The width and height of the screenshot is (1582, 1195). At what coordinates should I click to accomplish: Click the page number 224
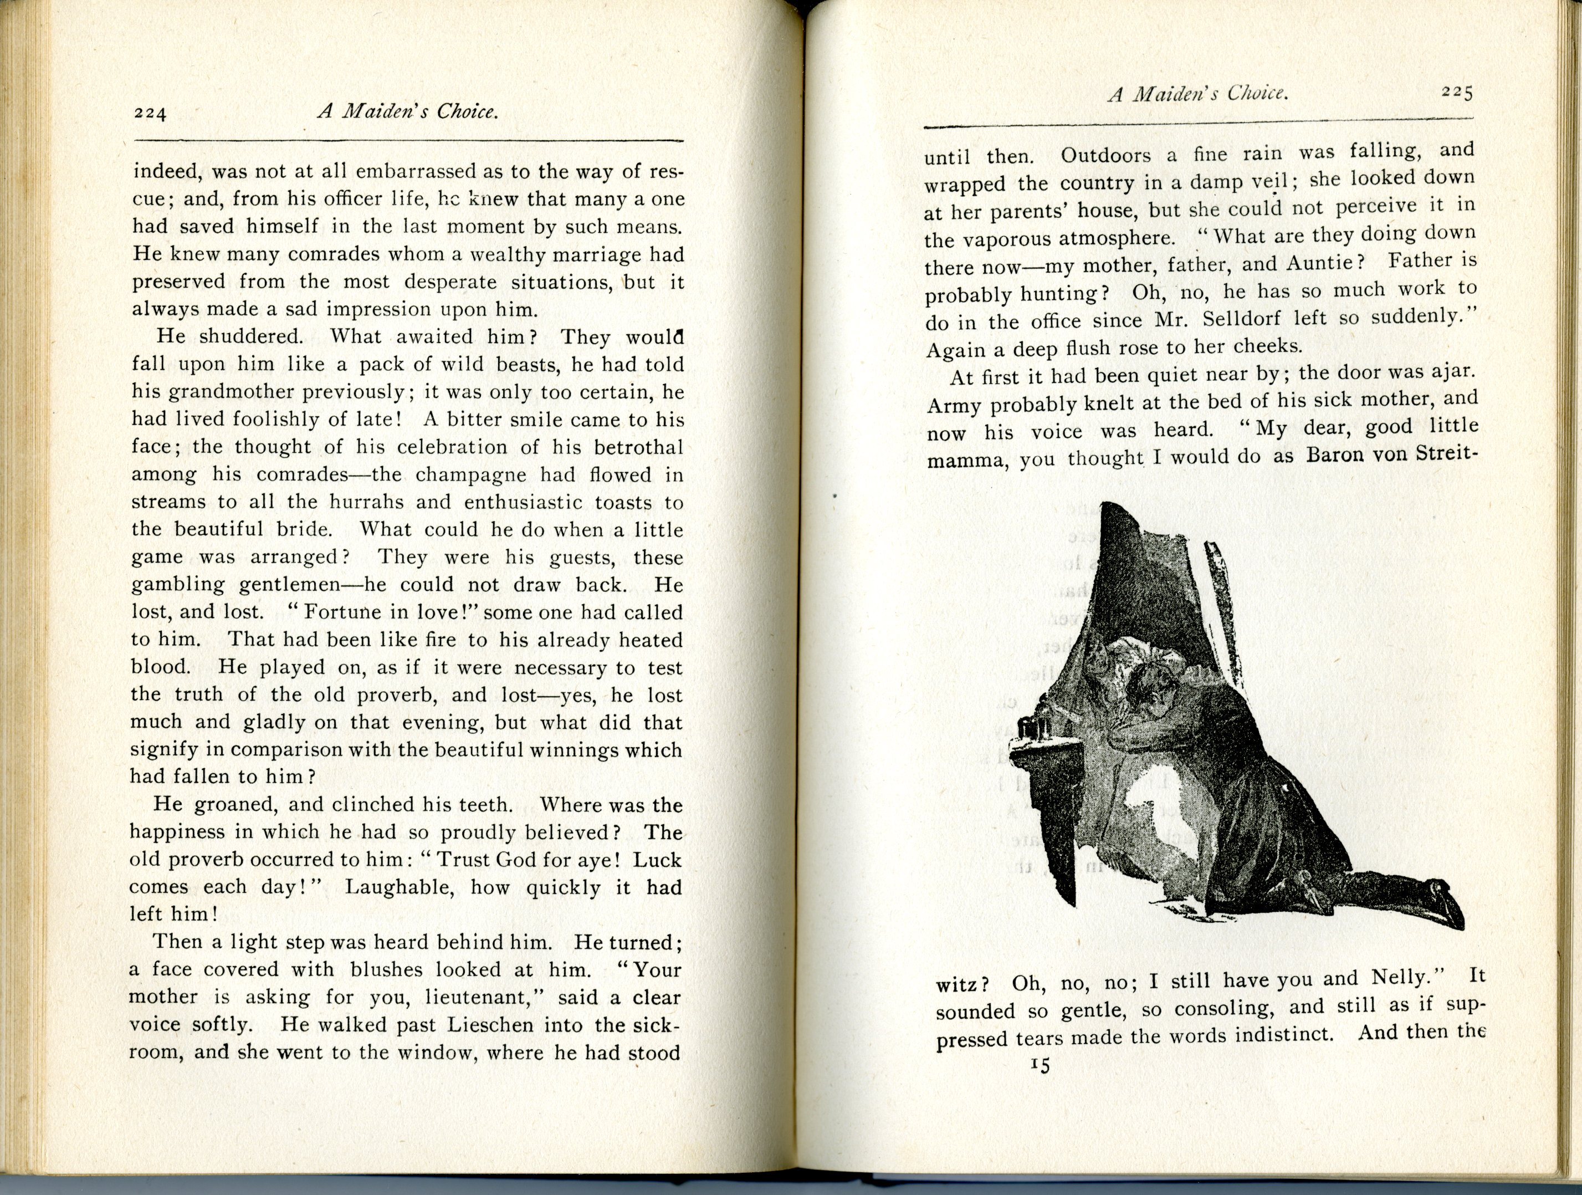pyautogui.click(x=150, y=114)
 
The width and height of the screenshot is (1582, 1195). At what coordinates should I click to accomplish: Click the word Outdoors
pyautogui.click(x=1105, y=155)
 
